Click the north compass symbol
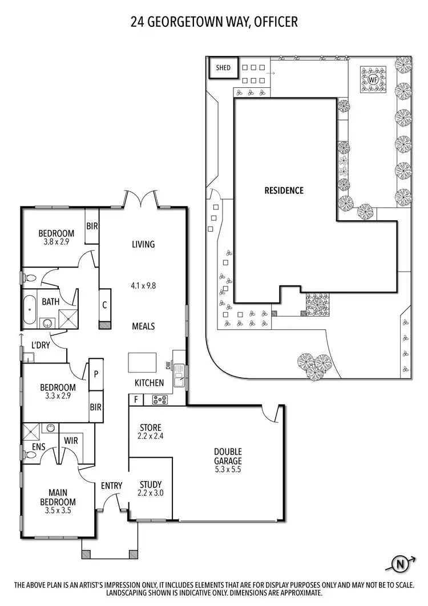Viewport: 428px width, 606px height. pos(402,564)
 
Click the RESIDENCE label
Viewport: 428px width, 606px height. pos(284,191)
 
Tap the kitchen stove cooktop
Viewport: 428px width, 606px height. pos(159,399)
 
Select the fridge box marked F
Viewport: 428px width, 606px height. pos(136,399)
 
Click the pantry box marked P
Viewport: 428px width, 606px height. pos(96,374)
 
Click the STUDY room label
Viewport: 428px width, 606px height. pos(151,485)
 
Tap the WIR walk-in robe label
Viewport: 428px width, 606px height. pos(71,441)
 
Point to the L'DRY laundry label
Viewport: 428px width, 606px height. pos(41,345)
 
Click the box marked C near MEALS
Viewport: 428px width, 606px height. pos(105,305)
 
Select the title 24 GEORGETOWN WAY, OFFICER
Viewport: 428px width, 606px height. pos(213,22)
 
